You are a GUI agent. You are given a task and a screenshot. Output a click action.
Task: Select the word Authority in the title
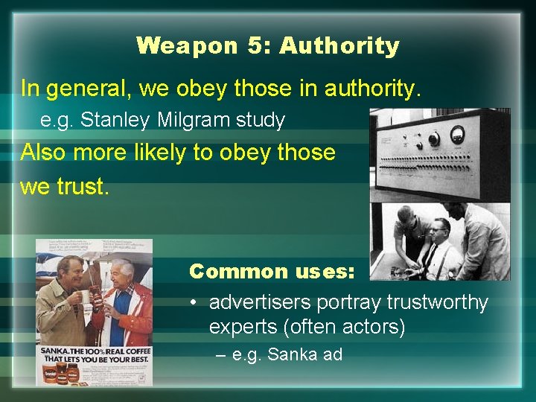point(339,46)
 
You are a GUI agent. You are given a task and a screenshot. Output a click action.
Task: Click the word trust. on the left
point(65,186)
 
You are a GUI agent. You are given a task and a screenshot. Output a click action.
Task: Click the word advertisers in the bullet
point(260,303)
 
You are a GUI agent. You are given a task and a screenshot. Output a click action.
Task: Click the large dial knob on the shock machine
point(433,138)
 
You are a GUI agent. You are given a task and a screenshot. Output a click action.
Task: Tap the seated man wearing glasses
point(439,246)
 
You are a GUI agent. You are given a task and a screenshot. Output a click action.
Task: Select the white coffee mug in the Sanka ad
point(85,297)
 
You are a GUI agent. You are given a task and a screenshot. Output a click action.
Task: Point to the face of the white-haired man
point(124,272)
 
